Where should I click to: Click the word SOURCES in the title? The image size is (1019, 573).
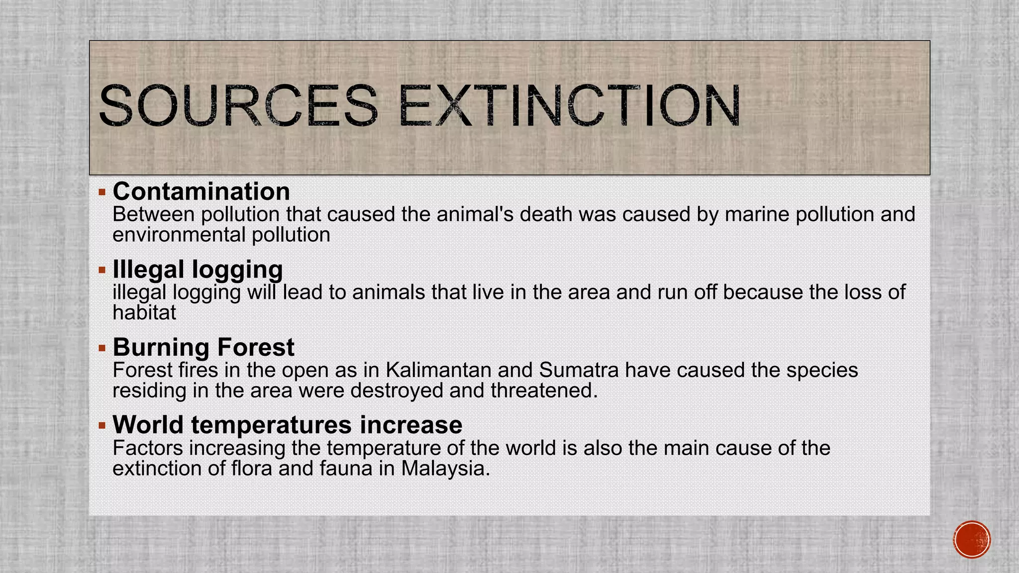click(238, 105)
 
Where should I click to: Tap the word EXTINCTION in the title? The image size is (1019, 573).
click(569, 105)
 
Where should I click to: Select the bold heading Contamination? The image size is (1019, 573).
click(201, 191)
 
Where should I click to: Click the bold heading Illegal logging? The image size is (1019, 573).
click(198, 270)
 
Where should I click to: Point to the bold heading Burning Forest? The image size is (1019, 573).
click(204, 347)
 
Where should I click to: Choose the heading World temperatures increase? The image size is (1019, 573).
click(287, 425)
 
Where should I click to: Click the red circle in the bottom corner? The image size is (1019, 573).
click(972, 540)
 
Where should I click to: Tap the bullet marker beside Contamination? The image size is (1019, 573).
click(102, 192)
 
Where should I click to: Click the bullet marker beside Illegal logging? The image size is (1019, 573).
click(102, 270)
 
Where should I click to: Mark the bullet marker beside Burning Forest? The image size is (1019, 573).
click(102, 348)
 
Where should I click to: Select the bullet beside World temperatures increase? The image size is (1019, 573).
click(102, 425)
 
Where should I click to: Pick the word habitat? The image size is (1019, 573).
click(144, 313)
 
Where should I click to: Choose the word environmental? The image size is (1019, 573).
click(179, 235)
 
